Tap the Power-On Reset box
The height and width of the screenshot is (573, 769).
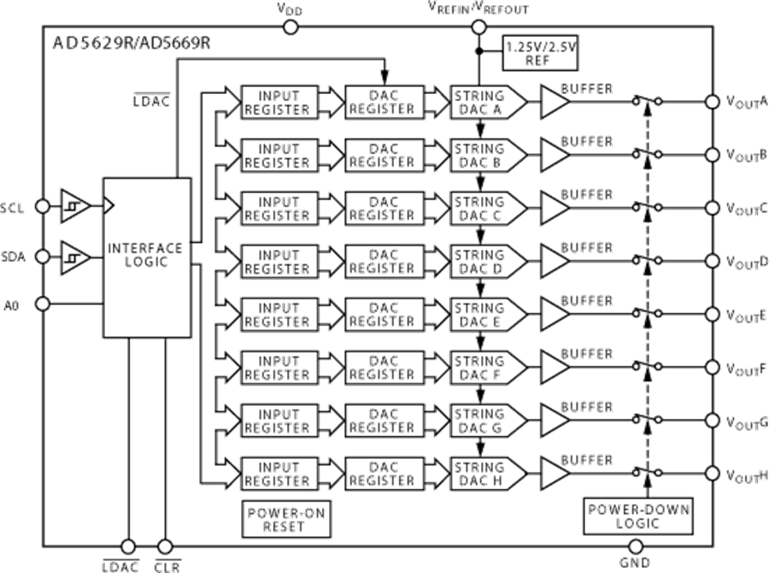tap(287, 518)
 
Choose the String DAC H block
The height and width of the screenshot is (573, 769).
tap(479, 473)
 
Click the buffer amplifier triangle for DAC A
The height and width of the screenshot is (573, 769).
tap(555, 102)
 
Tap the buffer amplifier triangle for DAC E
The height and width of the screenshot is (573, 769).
tap(555, 314)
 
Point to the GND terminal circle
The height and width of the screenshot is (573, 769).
tap(636, 546)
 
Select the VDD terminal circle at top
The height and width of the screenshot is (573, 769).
tap(291, 27)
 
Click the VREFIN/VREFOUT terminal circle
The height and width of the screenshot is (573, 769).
tap(478, 27)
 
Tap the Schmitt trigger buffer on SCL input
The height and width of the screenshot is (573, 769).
tap(73, 206)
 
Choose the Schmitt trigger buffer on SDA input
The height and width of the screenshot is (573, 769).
tap(73, 255)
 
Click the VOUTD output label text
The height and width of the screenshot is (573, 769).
tap(746, 260)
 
